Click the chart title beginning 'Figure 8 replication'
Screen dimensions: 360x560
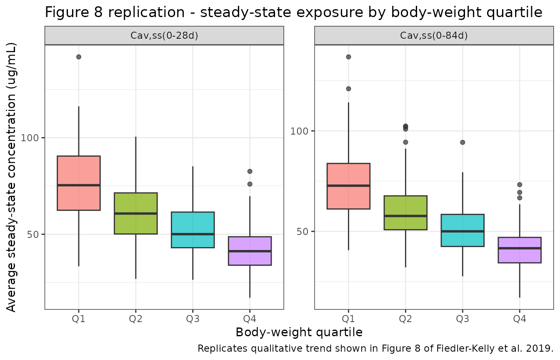[293, 13]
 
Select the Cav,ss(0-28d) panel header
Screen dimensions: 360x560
[164, 35]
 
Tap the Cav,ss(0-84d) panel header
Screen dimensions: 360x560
[434, 35]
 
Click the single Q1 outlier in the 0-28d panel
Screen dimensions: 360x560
[79, 57]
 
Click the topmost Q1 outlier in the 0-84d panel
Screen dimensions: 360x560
[348, 57]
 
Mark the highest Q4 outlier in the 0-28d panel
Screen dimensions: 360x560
[250, 171]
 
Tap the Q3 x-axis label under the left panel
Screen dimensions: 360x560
[192, 320]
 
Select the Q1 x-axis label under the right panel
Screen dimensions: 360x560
[348, 320]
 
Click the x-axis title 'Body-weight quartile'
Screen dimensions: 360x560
[299, 332]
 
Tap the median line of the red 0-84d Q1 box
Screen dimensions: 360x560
[348, 185]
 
